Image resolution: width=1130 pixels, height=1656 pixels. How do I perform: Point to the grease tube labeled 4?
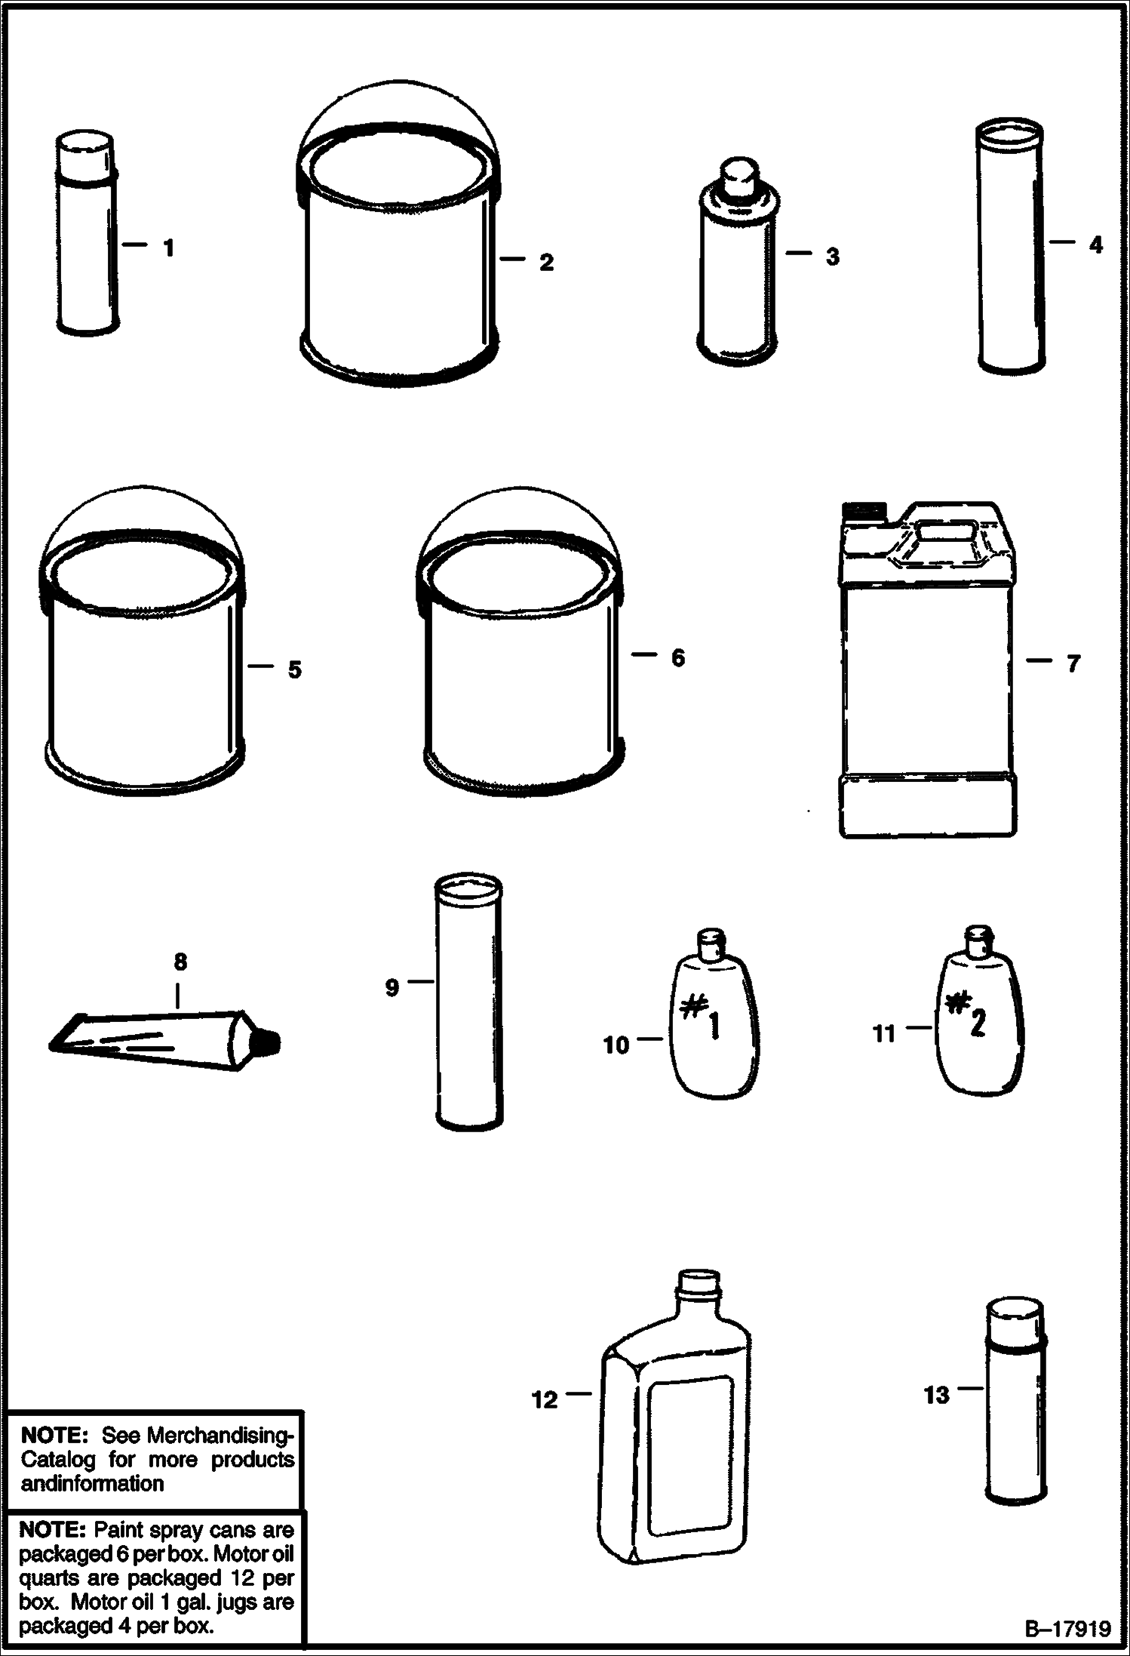[x=1012, y=247]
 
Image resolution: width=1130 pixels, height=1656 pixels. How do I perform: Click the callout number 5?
[x=294, y=669]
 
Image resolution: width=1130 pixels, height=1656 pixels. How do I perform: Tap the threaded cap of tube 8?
[x=270, y=1042]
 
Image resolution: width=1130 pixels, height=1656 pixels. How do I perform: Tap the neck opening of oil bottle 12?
[x=702, y=1281]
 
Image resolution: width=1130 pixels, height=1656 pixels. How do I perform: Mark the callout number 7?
[x=1073, y=663]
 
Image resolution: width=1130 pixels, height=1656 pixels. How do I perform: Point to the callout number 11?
[x=883, y=1033]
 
